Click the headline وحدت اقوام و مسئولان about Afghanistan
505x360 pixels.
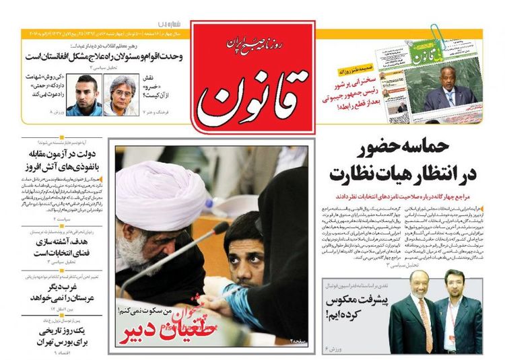click(101, 57)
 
